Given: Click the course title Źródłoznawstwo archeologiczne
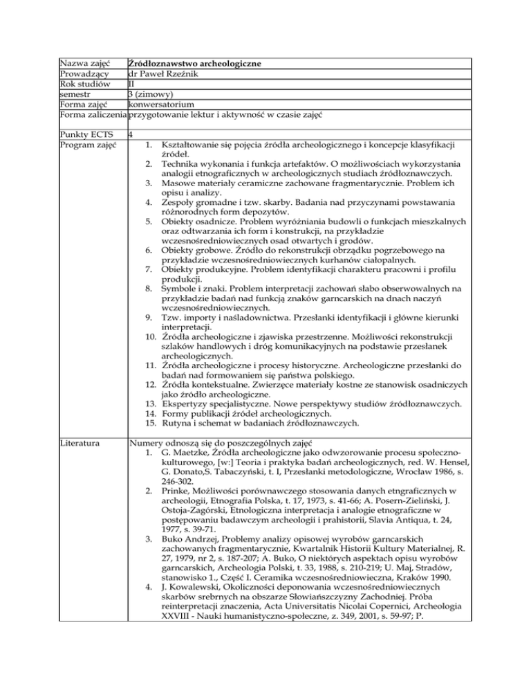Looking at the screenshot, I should click(x=194, y=64).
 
